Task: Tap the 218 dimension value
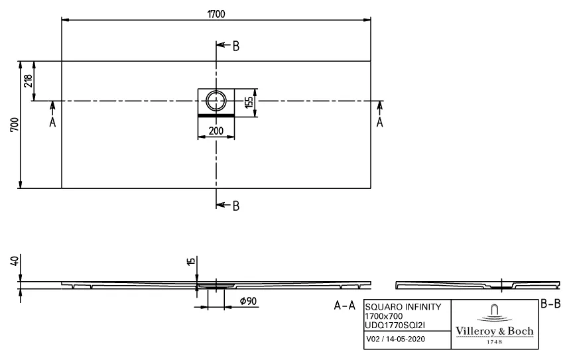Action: (28, 81)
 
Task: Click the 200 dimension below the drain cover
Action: (216, 131)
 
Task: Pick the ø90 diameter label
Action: (248, 302)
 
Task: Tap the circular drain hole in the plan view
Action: (216, 101)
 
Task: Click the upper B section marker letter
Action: (235, 46)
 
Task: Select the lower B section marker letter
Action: (235, 206)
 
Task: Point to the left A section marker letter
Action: (52, 122)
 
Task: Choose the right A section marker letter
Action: (380, 122)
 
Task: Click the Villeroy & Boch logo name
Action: (493, 331)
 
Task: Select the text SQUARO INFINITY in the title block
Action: (402, 307)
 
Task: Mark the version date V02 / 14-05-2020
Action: (396, 340)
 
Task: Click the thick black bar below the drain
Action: (216, 115)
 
